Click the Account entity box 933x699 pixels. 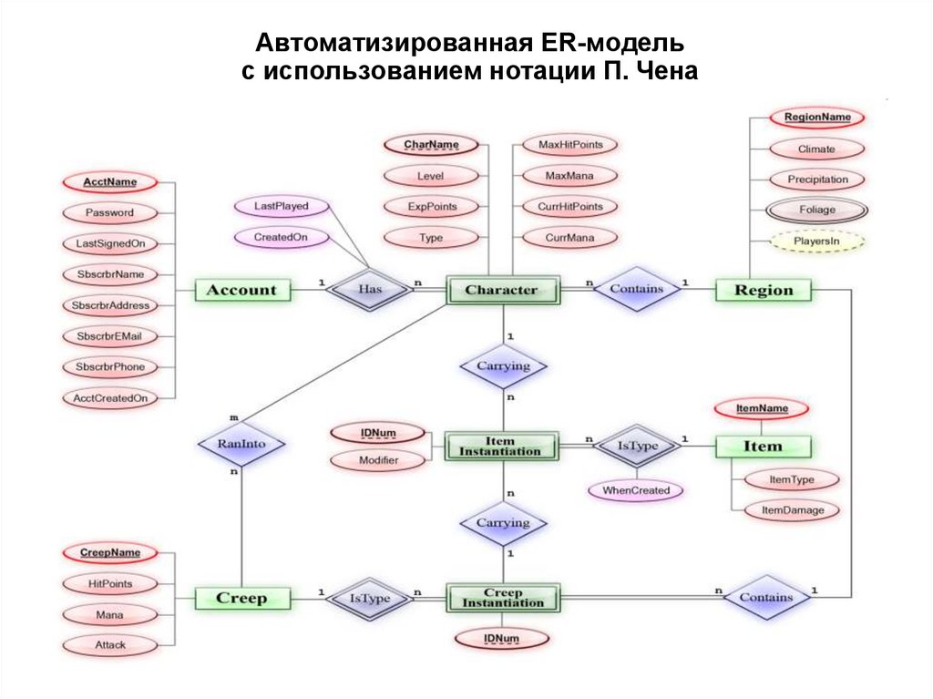pyautogui.click(x=241, y=291)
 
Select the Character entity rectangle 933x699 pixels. pyautogui.click(x=502, y=291)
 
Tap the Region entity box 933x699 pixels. pyautogui.click(x=764, y=291)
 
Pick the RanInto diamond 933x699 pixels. pyautogui.click(x=241, y=445)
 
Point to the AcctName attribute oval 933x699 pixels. pyautogui.click(x=109, y=181)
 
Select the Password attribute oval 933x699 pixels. pyautogui.click(x=109, y=212)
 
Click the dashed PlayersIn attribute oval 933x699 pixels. pyautogui.click(x=816, y=242)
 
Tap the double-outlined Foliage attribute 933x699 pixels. pyautogui.click(x=816, y=210)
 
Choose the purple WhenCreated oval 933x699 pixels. pyautogui.click(x=635, y=490)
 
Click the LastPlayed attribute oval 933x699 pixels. pyautogui.click(x=281, y=206)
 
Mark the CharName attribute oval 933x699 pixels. pyautogui.click(x=430, y=144)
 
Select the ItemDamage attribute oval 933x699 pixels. pyautogui.click(x=792, y=510)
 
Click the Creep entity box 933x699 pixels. pyautogui.click(x=241, y=599)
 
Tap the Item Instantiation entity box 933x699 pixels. pyautogui.click(x=502, y=447)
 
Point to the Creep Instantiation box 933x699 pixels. pyautogui.click(x=502, y=599)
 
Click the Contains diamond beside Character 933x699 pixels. pyautogui.click(x=636, y=289)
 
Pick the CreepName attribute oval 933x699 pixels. pyautogui.click(x=109, y=552)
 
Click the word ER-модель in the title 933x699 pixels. pyautogui.click(x=620, y=44)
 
